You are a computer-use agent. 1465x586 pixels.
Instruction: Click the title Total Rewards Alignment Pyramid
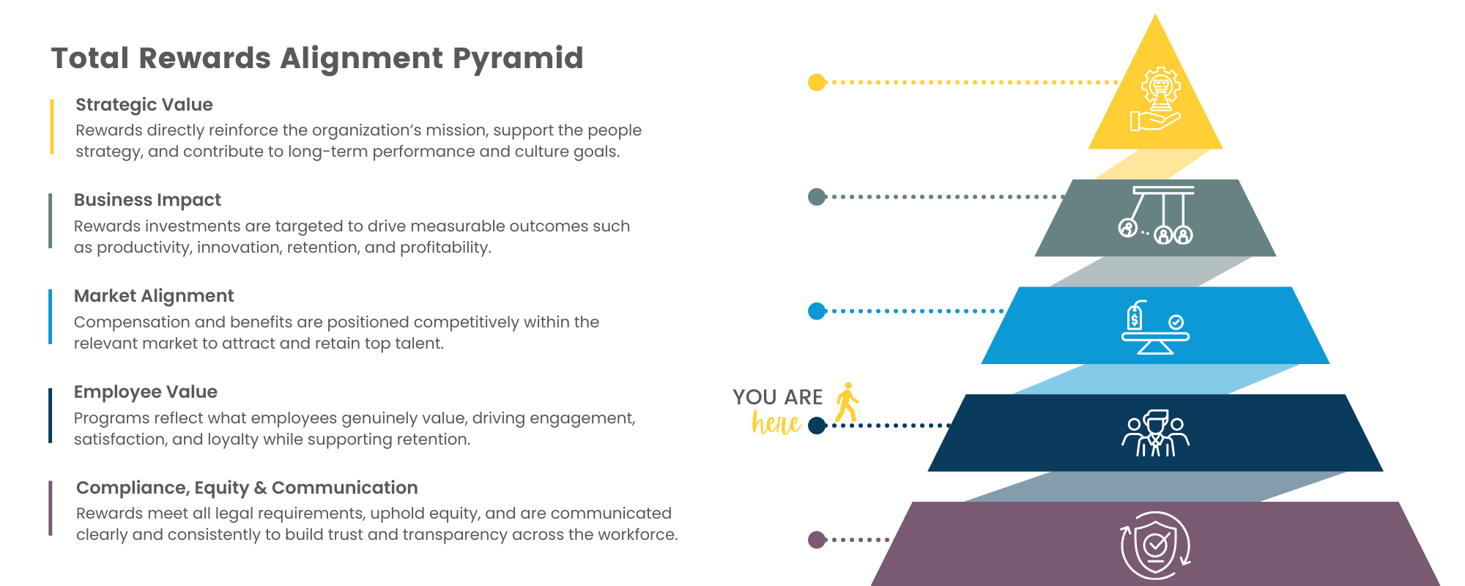pyautogui.click(x=316, y=58)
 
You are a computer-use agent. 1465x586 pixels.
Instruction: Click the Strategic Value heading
pyautogui.click(x=144, y=105)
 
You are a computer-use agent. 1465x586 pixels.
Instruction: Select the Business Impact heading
pyautogui.click(x=147, y=200)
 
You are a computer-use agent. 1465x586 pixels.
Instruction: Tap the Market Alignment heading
pyautogui.click(x=154, y=296)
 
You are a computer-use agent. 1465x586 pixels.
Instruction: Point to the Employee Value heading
pyautogui.click(x=146, y=392)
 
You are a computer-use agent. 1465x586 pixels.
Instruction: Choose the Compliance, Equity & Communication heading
pyautogui.click(x=247, y=488)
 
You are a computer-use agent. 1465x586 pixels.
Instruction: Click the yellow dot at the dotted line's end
pyautogui.click(x=817, y=82)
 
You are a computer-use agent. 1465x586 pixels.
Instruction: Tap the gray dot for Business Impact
pyautogui.click(x=817, y=196)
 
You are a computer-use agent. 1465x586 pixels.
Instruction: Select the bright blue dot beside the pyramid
pyautogui.click(x=817, y=311)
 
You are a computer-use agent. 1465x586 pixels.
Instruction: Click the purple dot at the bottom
pyautogui.click(x=817, y=540)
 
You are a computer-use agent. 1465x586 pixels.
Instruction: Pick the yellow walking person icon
pyautogui.click(x=848, y=401)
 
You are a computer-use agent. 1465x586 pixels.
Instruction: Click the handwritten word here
pyautogui.click(x=776, y=423)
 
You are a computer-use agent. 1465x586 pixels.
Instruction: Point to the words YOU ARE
pyautogui.click(x=777, y=397)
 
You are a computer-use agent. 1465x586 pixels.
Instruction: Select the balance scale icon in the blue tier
pyautogui.click(x=1155, y=327)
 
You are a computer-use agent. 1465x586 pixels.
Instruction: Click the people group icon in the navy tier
pyautogui.click(x=1155, y=434)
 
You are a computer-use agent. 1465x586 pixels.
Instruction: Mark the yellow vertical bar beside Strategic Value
pyautogui.click(x=51, y=127)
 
